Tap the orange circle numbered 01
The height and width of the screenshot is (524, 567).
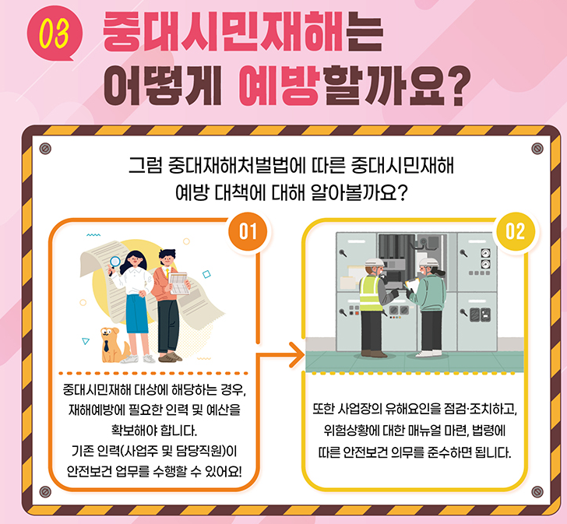(248, 232)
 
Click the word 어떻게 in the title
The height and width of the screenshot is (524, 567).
(161, 87)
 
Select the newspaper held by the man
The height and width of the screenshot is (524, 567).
(181, 283)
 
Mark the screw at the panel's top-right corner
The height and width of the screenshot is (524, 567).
(536, 147)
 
